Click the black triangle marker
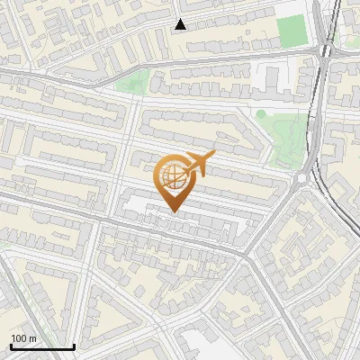(181, 24)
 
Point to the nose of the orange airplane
(214, 154)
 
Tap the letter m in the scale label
(33, 338)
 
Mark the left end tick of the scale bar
(10, 346)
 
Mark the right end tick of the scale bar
(74, 346)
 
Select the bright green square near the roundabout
(291, 31)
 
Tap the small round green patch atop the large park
(261, 114)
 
